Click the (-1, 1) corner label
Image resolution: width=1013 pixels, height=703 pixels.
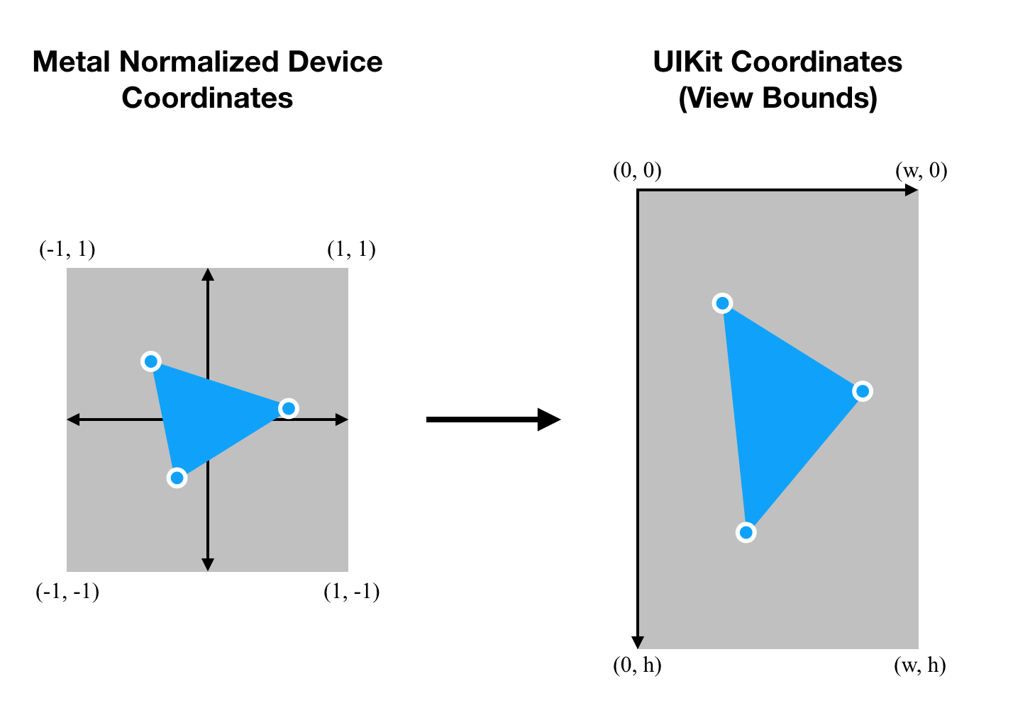(67, 249)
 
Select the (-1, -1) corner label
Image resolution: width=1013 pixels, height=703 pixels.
(67, 592)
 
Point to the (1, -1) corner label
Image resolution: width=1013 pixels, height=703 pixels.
(351, 592)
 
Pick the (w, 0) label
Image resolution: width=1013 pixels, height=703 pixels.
(921, 171)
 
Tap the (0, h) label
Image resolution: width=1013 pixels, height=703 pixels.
(637, 665)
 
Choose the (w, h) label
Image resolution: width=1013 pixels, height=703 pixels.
(920, 665)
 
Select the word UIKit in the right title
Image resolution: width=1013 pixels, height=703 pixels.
(688, 62)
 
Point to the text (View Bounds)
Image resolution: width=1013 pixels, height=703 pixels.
(777, 98)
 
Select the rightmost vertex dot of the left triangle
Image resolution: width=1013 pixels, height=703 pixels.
(288, 408)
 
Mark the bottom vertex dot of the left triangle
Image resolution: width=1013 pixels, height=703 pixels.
(177, 478)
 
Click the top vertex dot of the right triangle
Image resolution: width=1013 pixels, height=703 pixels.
(722, 304)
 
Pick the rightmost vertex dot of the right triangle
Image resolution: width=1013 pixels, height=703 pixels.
(862, 391)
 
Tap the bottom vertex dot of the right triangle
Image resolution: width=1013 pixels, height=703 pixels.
(746, 532)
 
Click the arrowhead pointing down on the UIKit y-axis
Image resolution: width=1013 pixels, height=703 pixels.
(638, 641)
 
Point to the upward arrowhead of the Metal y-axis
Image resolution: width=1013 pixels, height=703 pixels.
(208, 274)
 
